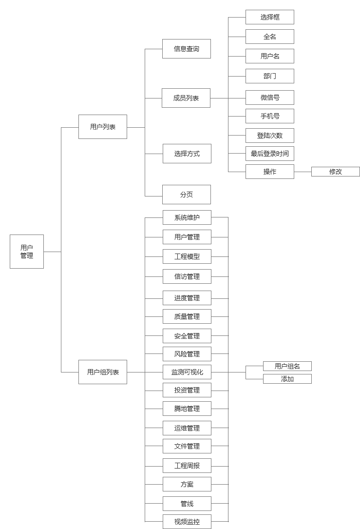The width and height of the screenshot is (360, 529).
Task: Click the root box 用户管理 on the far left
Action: [27, 252]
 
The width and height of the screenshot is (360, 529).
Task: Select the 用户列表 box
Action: [103, 127]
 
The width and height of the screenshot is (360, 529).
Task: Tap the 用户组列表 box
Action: [103, 372]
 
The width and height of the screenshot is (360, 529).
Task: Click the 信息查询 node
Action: [187, 49]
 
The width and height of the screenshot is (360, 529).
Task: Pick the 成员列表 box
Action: [186, 98]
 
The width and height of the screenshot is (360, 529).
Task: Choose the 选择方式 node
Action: [187, 154]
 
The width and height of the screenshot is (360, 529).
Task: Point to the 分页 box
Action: [187, 195]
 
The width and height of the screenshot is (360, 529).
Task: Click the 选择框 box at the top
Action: [270, 17]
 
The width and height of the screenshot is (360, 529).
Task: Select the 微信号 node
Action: [270, 98]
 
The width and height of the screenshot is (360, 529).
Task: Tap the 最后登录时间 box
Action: [270, 154]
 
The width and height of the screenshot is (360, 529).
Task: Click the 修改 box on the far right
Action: [336, 172]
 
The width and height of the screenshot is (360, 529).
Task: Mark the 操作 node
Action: [270, 172]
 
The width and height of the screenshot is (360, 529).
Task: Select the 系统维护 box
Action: [187, 217]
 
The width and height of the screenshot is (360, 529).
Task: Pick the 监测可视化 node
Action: [187, 372]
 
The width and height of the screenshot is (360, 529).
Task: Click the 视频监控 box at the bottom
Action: [187, 522]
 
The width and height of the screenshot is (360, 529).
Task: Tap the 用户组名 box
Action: [287, 366]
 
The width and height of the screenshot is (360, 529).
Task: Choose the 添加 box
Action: [287, 379]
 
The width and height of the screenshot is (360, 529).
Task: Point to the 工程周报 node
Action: [187, 466]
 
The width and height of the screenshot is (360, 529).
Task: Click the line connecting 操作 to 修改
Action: [303, 172]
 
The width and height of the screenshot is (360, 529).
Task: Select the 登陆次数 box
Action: [270, 136]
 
